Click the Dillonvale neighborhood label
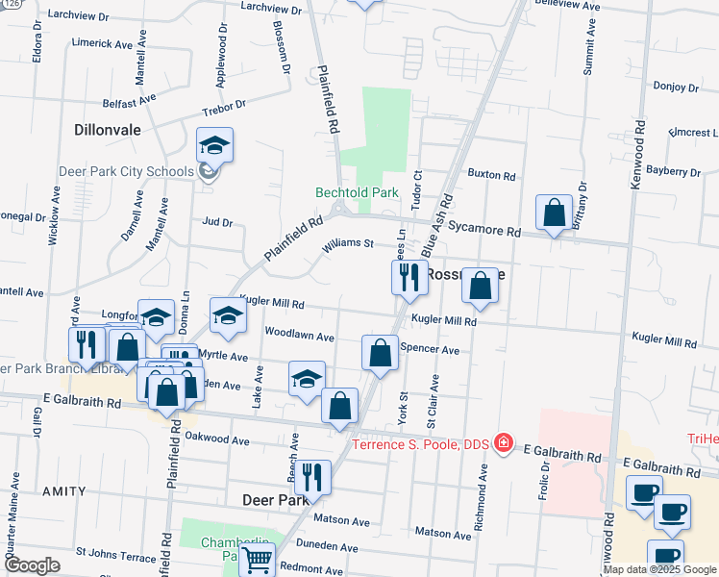click(107, 127)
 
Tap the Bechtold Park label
click(357, 192)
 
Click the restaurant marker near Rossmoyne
click(409, 277)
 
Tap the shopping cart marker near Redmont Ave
click(258, 559)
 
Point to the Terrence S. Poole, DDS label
click(422, 443)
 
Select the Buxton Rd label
click(492, 175)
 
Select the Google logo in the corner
click(32, 565)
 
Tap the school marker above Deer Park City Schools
click(215, 146)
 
